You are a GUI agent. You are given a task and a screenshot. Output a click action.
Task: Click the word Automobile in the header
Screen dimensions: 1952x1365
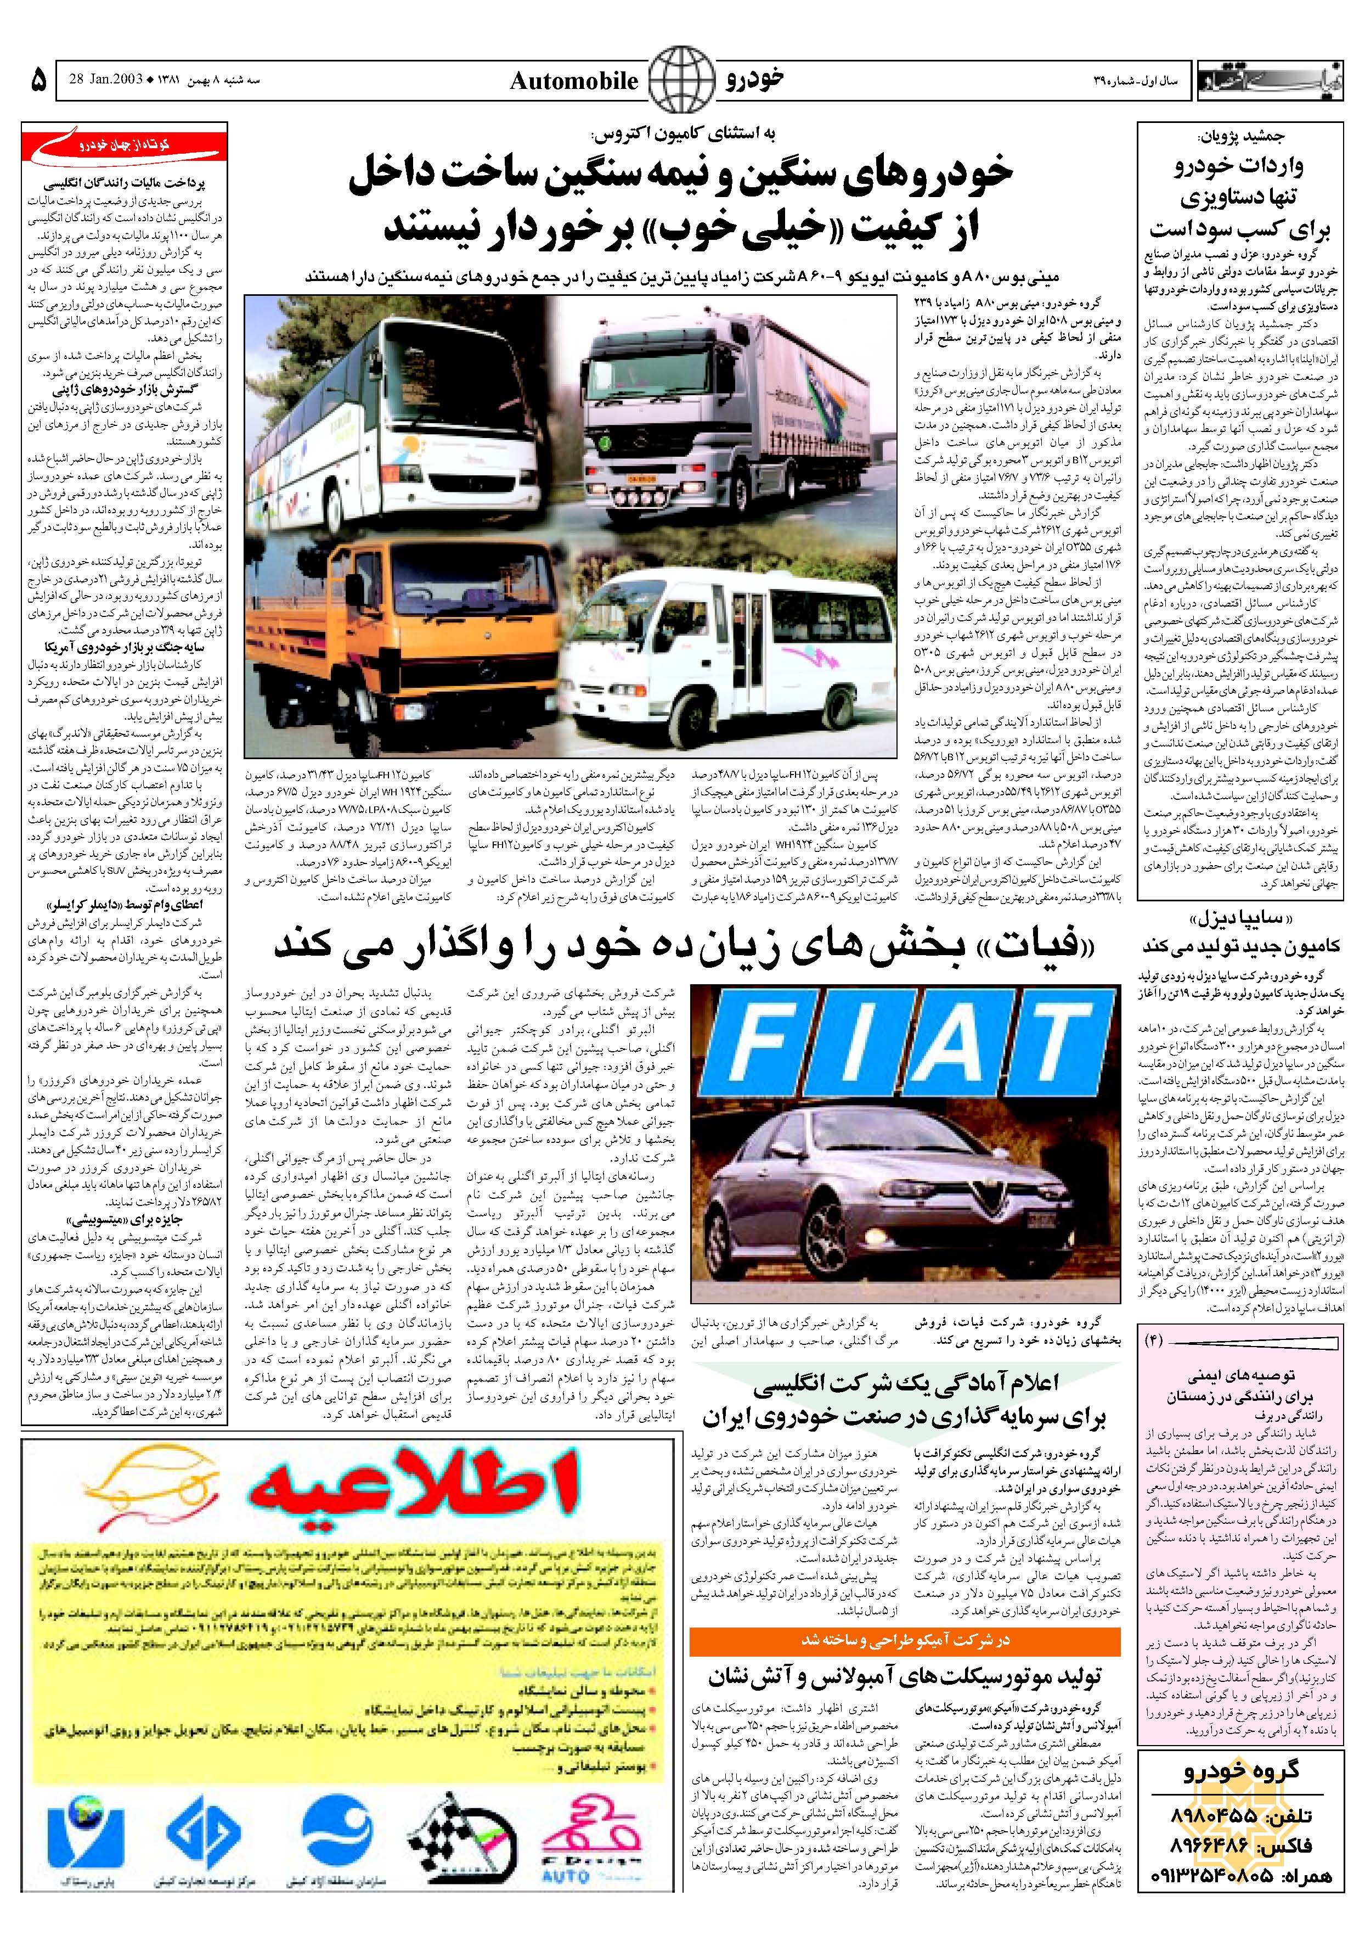(574, 82)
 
